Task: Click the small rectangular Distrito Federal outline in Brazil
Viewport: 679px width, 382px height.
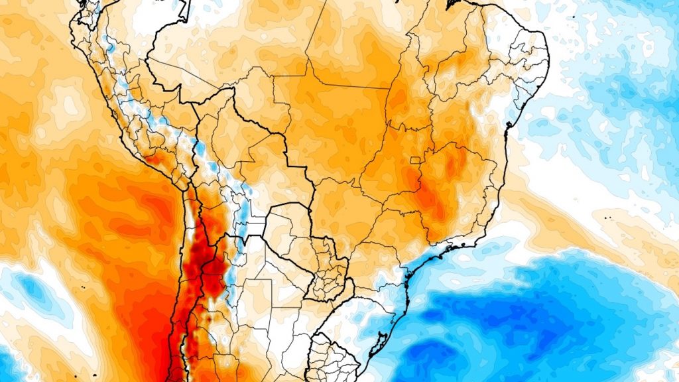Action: pyautogui.click(x=416, y=160)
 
